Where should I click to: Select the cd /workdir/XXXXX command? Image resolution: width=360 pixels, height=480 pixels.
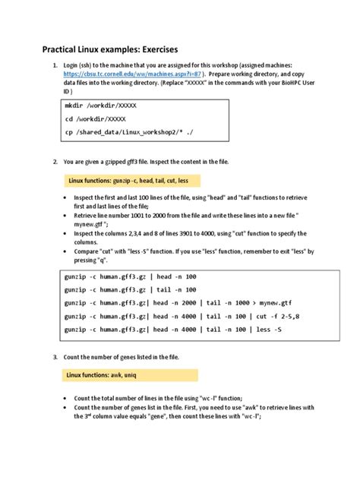(95, 119)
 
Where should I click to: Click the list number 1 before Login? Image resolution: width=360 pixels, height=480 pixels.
(55, 66)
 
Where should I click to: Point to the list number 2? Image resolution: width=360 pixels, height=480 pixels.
(55, 162)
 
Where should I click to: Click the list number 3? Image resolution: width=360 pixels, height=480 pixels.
(55, 357)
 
